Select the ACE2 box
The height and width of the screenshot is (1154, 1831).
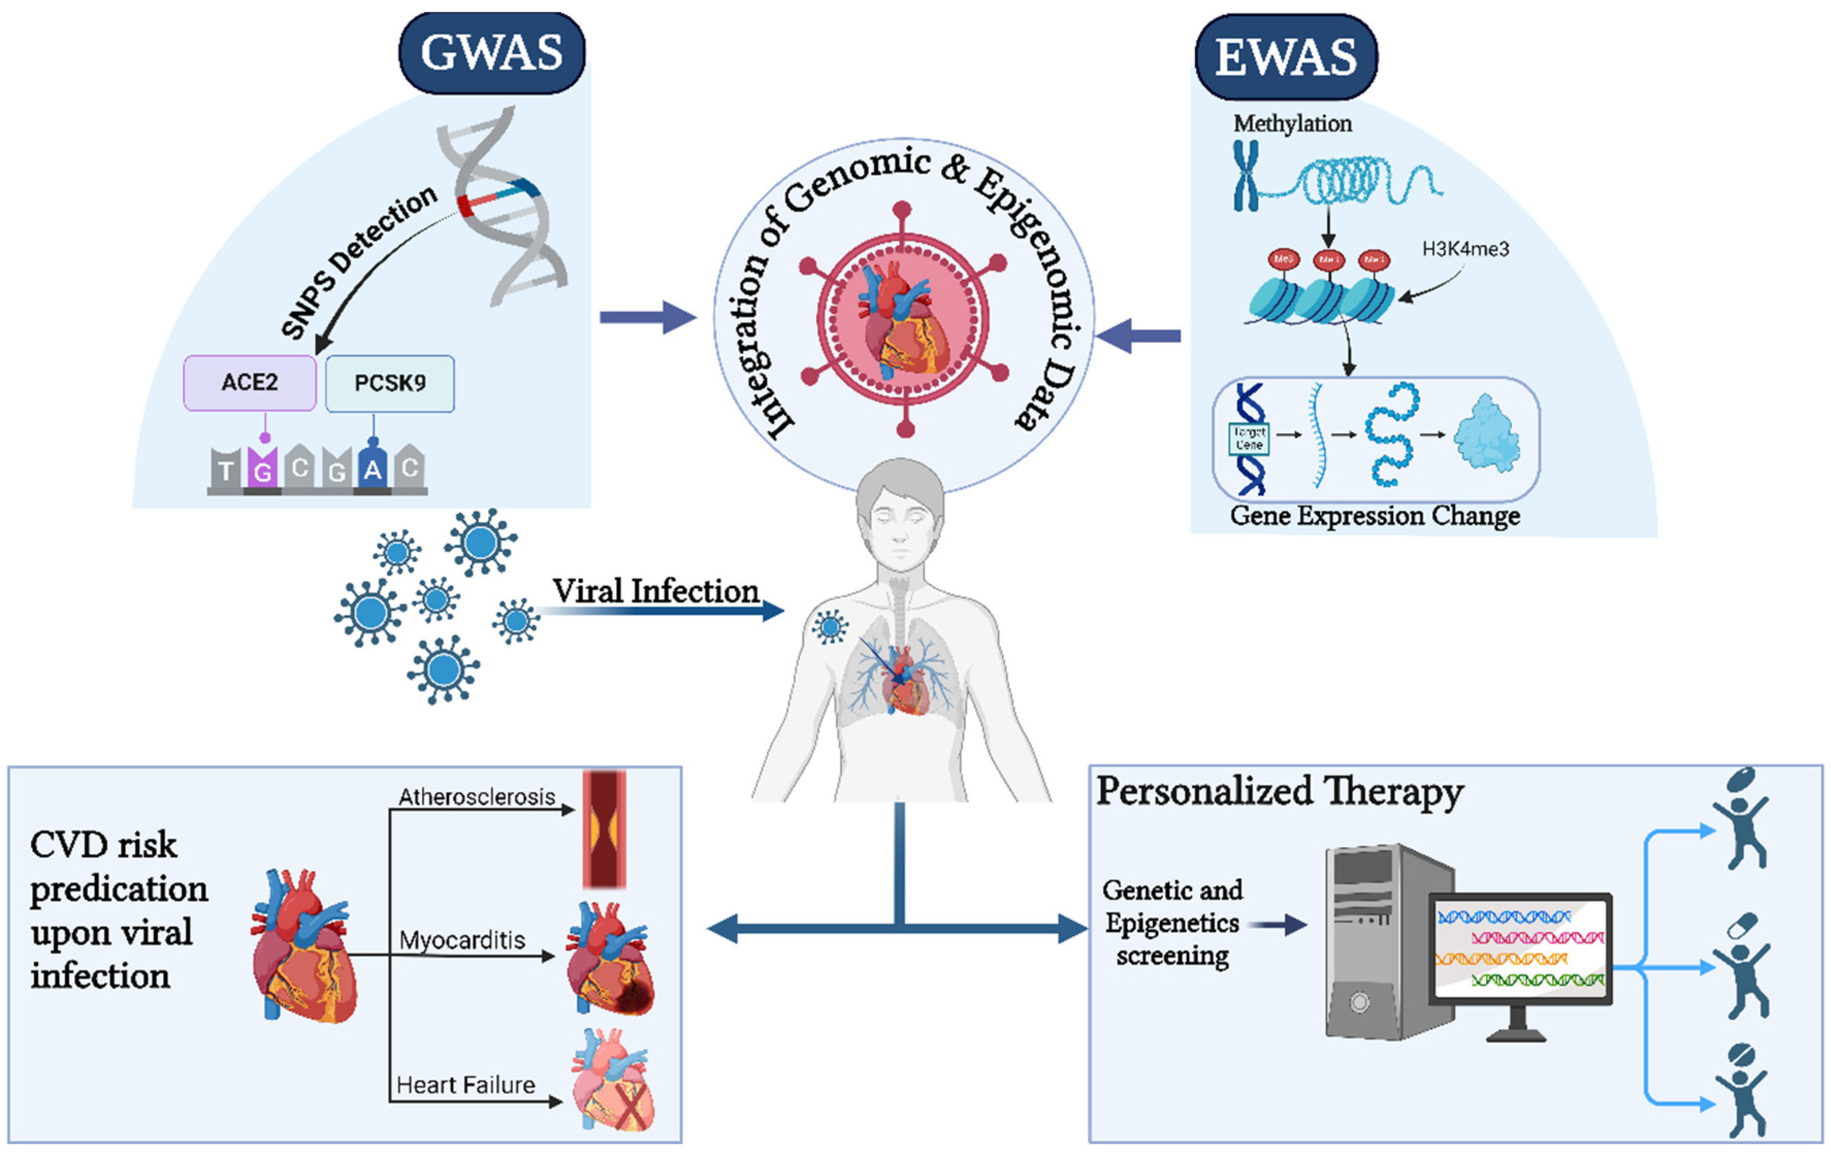(250, 383)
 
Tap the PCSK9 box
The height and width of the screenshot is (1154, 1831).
(389, 383)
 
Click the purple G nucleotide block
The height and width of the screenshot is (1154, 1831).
(263, 468)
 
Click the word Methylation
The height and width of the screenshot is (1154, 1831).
(1292, 123)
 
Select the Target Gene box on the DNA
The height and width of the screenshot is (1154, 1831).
(1249, 439)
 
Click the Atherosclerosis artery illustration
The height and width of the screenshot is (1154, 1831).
(604, 829)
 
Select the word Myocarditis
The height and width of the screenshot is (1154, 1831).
(462, 940)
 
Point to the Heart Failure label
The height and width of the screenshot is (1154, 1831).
(465, 1085)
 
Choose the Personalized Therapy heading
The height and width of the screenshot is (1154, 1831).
(1279, 791)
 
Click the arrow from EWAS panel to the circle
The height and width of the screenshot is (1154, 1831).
(1138, 335)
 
